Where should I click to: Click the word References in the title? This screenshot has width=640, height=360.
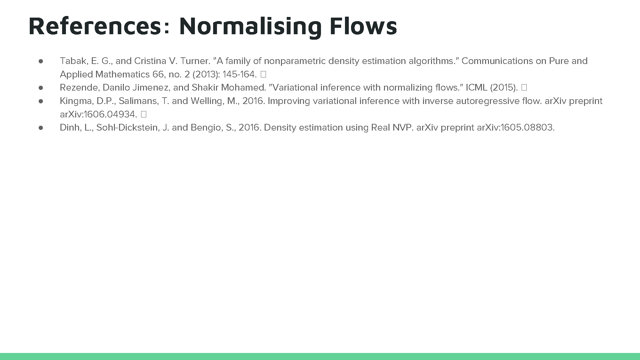coord(95,26)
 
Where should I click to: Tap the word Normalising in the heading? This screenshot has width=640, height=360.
coord(250,27)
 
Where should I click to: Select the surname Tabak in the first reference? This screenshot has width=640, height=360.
coord(73,61)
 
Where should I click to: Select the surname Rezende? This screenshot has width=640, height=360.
coord(80,87)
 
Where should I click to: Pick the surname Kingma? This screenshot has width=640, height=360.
coord(77,101)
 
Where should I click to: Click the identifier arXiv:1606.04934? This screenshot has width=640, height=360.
coord(99,114)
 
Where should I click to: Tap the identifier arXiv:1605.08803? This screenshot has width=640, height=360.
coord(516,127)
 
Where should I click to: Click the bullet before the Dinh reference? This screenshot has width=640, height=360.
coord(41,128)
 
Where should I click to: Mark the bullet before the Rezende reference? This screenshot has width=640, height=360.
coord(41,88)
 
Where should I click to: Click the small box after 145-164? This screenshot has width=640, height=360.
coord(263,74)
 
